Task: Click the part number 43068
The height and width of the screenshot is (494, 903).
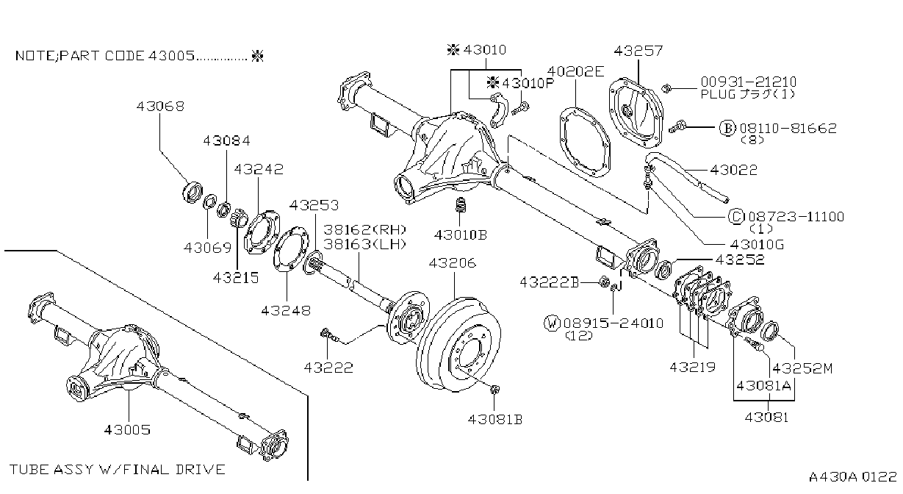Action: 160,107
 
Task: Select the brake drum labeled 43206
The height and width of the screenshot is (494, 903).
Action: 458,344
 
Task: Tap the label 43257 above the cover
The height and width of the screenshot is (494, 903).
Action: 638,51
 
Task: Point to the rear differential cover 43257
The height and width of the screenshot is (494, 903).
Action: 636,113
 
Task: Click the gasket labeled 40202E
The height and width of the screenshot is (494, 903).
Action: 585,142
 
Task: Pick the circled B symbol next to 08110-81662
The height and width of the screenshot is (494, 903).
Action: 727,128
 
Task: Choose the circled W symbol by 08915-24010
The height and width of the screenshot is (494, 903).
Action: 553,323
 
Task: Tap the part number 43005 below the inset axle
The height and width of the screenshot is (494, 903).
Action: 127,430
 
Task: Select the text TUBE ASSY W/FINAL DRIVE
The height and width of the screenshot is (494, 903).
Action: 117,470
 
